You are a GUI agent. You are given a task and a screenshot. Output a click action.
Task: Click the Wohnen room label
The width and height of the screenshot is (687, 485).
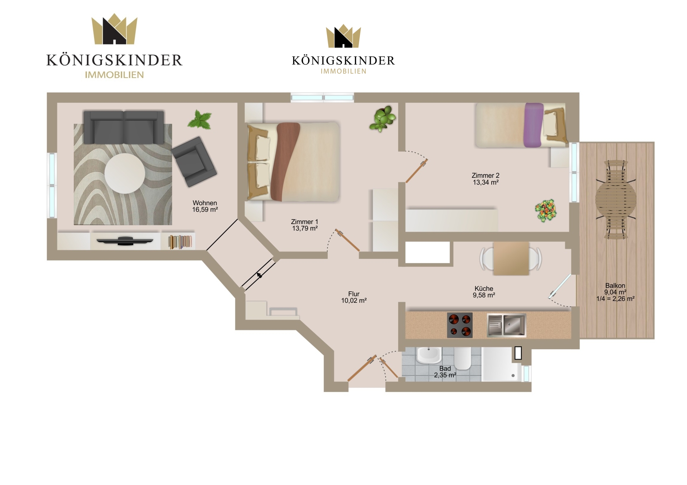(205, 203)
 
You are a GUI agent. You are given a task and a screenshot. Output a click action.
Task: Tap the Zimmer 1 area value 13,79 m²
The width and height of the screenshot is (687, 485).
(305, 228)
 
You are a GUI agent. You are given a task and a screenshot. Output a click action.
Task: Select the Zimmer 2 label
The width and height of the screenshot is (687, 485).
(485, 175)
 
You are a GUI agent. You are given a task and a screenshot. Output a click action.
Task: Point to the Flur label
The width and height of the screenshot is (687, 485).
(354, 294)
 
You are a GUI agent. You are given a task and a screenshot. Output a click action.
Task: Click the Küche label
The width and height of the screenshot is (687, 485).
(484, 288)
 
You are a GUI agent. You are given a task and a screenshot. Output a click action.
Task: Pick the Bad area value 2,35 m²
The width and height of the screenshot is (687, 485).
(445, 375)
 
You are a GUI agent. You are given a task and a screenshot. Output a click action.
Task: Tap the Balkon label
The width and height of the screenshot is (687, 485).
(615, 286)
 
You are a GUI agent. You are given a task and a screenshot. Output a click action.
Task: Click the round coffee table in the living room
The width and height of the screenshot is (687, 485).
(125, 174)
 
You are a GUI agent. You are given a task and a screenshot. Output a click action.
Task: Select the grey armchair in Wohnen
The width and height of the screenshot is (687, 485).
(194, 162)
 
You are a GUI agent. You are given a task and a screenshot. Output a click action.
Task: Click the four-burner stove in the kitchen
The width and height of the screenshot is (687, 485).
(460, 325)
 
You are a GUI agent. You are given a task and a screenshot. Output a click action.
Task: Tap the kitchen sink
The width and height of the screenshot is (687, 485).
(506, 325)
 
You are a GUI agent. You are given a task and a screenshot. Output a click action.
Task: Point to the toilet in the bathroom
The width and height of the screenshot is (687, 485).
(463, 358)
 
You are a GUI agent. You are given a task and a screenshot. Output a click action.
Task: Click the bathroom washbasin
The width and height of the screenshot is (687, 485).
(429, 355)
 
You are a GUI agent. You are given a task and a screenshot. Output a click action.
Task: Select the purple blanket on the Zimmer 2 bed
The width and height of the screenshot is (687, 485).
(533, 125)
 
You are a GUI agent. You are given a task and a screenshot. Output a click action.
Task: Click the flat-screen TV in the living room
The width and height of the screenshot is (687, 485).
(125, 241)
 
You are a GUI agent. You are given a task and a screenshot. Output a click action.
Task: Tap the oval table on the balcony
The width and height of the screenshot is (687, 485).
(616, 199)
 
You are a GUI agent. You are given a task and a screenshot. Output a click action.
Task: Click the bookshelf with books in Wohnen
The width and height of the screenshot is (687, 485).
(180, 242)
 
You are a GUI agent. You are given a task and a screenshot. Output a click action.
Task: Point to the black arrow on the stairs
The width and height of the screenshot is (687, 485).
(259, 275)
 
